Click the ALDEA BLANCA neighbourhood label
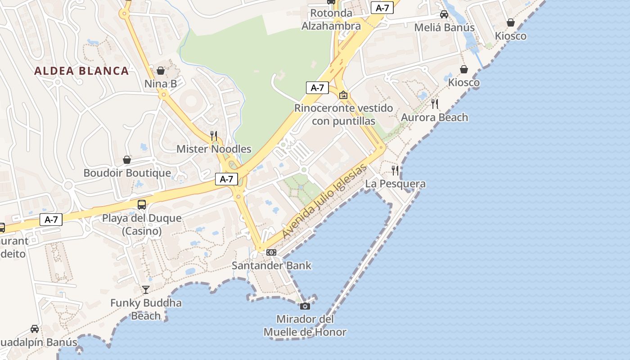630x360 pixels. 81,71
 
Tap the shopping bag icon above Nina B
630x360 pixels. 161,71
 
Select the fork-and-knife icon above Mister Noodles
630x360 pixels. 214,135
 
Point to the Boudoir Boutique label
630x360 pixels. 127,173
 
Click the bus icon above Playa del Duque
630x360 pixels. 141,205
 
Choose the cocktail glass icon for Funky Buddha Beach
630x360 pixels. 146,289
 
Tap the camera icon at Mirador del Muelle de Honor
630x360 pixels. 305,306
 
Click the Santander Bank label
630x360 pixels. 271,265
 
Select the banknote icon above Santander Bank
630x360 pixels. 271,252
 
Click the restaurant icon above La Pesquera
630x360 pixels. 395,170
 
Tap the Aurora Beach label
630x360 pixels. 434,117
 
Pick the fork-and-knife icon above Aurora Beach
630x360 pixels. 434,104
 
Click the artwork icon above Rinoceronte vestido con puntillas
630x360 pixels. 343,95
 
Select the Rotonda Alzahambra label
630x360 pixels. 331,19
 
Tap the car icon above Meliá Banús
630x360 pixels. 444,14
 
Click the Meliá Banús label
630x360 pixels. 444,27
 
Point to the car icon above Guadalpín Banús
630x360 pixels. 35,329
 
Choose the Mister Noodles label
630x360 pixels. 214,149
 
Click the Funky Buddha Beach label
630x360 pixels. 146,309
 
